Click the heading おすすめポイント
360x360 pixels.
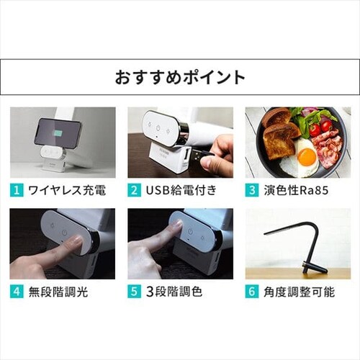point(180,77)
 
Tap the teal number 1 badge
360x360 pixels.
point(17,190)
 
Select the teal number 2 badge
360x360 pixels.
point(135,190)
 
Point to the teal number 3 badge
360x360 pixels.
point(252,190)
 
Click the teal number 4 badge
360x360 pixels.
point(17,292)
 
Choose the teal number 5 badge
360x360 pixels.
point(135,292)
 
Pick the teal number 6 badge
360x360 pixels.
point(252,292)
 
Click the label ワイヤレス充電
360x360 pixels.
point(67,191)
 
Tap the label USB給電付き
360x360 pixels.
point(181,191)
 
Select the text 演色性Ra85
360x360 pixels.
point(296,191)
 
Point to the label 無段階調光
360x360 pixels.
point(58,292)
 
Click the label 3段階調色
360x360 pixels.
point(174,292)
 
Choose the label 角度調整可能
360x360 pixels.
point(299,292)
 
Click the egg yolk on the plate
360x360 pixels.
point(307,157)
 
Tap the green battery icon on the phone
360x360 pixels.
point(58,132)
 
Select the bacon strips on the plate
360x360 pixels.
point(328,149)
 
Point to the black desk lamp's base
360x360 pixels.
point(315,267)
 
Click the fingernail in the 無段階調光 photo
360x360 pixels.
point(77,239)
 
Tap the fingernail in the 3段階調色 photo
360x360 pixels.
point(178,225)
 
